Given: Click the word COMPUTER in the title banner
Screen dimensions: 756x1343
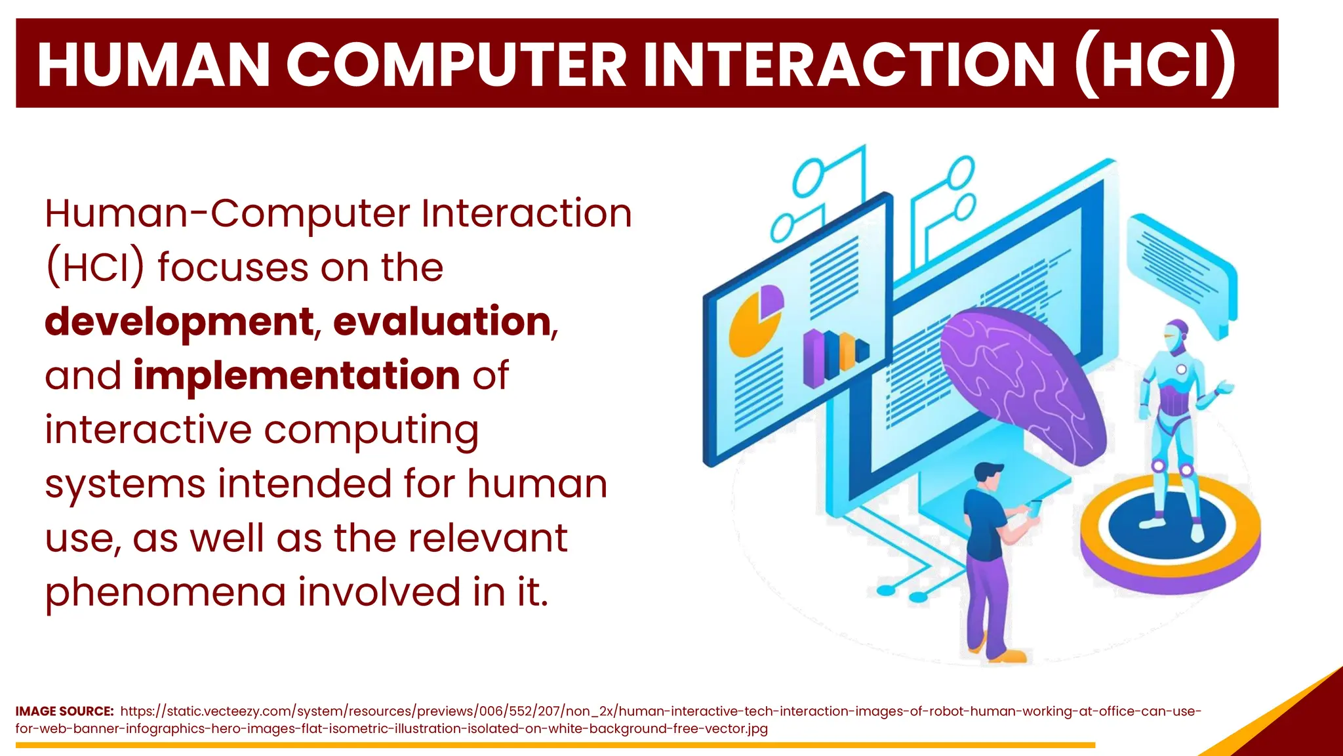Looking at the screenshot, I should pyautogui.click(x=456, y=64).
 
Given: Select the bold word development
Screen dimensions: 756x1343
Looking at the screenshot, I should pyautogui.click(x=178, y=322).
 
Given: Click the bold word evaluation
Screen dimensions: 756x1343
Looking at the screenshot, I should pyautogui.click(x=442, y=322).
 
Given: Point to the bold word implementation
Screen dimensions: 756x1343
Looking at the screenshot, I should pyautogui.click(x=296, y=375).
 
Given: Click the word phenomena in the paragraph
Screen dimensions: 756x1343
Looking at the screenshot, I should pyautogui.click(x=165, y=592).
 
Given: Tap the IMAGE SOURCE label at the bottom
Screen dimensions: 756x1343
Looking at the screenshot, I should pyautogui.click(x=64, y=711).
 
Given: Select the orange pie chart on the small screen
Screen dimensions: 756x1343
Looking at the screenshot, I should pyautogui.click(x=752, y=325).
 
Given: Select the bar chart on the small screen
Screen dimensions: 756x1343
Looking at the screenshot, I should pyautogui.click(x=834, y=357).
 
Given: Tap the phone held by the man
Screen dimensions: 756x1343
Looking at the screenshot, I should pyautogui.click(x=1035, y=507).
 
